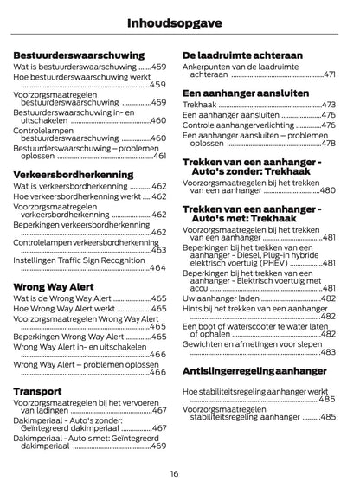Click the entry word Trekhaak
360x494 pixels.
(200, 104)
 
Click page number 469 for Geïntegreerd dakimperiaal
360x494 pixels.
(157, 446)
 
